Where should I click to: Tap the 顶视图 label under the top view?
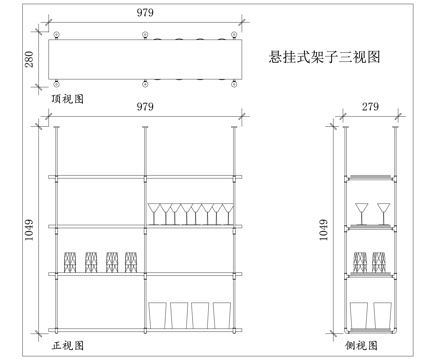(66, 99)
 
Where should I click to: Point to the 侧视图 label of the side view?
(364, 345)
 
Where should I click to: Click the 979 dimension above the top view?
(146, 12)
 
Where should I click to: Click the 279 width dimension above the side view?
(369, 107)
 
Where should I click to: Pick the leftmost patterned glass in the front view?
(70, 262)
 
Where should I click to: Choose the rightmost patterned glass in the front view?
(130, 262)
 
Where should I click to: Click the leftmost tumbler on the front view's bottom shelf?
(157, 314)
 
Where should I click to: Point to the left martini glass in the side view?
(363, 213)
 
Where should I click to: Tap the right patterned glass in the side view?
(379, 262)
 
